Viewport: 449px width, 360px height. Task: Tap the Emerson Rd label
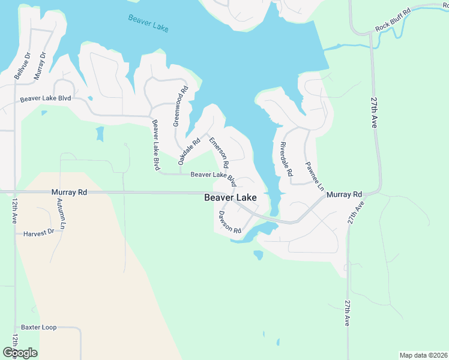point(219,152)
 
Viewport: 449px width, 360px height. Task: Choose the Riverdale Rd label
point(286,158)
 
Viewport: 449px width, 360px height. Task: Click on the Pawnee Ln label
point(314,176)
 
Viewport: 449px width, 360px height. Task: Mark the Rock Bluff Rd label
point(393,20)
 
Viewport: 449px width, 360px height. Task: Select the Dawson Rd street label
point(230,222)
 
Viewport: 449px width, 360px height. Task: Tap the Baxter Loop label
point(38,328)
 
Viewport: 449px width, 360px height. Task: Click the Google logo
point(20,353)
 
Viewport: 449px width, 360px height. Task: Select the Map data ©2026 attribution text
point(423,355)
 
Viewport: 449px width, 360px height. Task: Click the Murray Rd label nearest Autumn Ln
point(70,193)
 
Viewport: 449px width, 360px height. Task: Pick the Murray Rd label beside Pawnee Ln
point(345,194)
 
